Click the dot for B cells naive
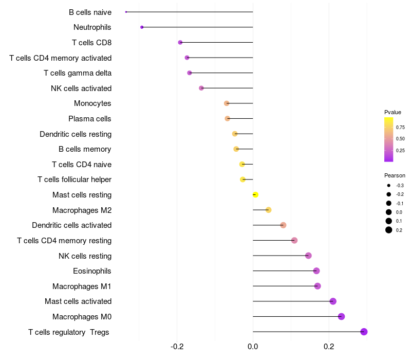coord(126,12)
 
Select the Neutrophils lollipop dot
coord(142,27)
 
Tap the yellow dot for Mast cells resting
coord(255,194)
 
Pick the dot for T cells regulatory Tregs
coord(364,332)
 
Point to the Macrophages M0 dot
coord(341,316)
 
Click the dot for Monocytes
coord(227,103)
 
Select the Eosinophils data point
coord(316,271)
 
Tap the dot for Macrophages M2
coord(268,210)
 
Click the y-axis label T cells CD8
coord(92,42)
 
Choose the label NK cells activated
coord(81,88)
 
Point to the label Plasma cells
coord(90,119)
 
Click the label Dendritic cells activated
coord(72,225)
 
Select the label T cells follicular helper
coord(74,179)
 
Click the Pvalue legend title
coord(393,112)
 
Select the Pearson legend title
coord(395,175)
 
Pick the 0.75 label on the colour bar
coord(400,127)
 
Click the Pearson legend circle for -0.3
coord(389,185)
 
